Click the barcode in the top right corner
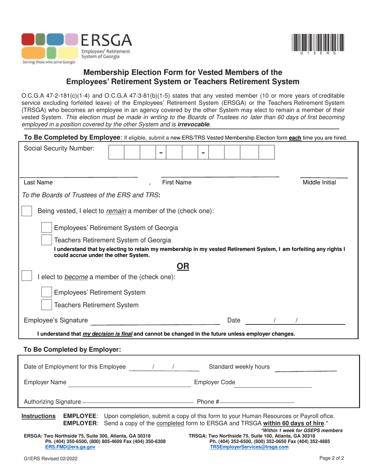pos(318,43)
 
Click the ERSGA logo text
pos(106,40)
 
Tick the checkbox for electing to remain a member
pos(27,211)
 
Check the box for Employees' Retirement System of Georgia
pos(46,228)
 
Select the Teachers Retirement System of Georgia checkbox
pos(46,240)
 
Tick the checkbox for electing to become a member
pos(27,276)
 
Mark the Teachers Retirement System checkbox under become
pos(46,305)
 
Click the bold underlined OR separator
pos(183,266)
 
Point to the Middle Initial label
pos(319,182)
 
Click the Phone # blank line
pos(257,402)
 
